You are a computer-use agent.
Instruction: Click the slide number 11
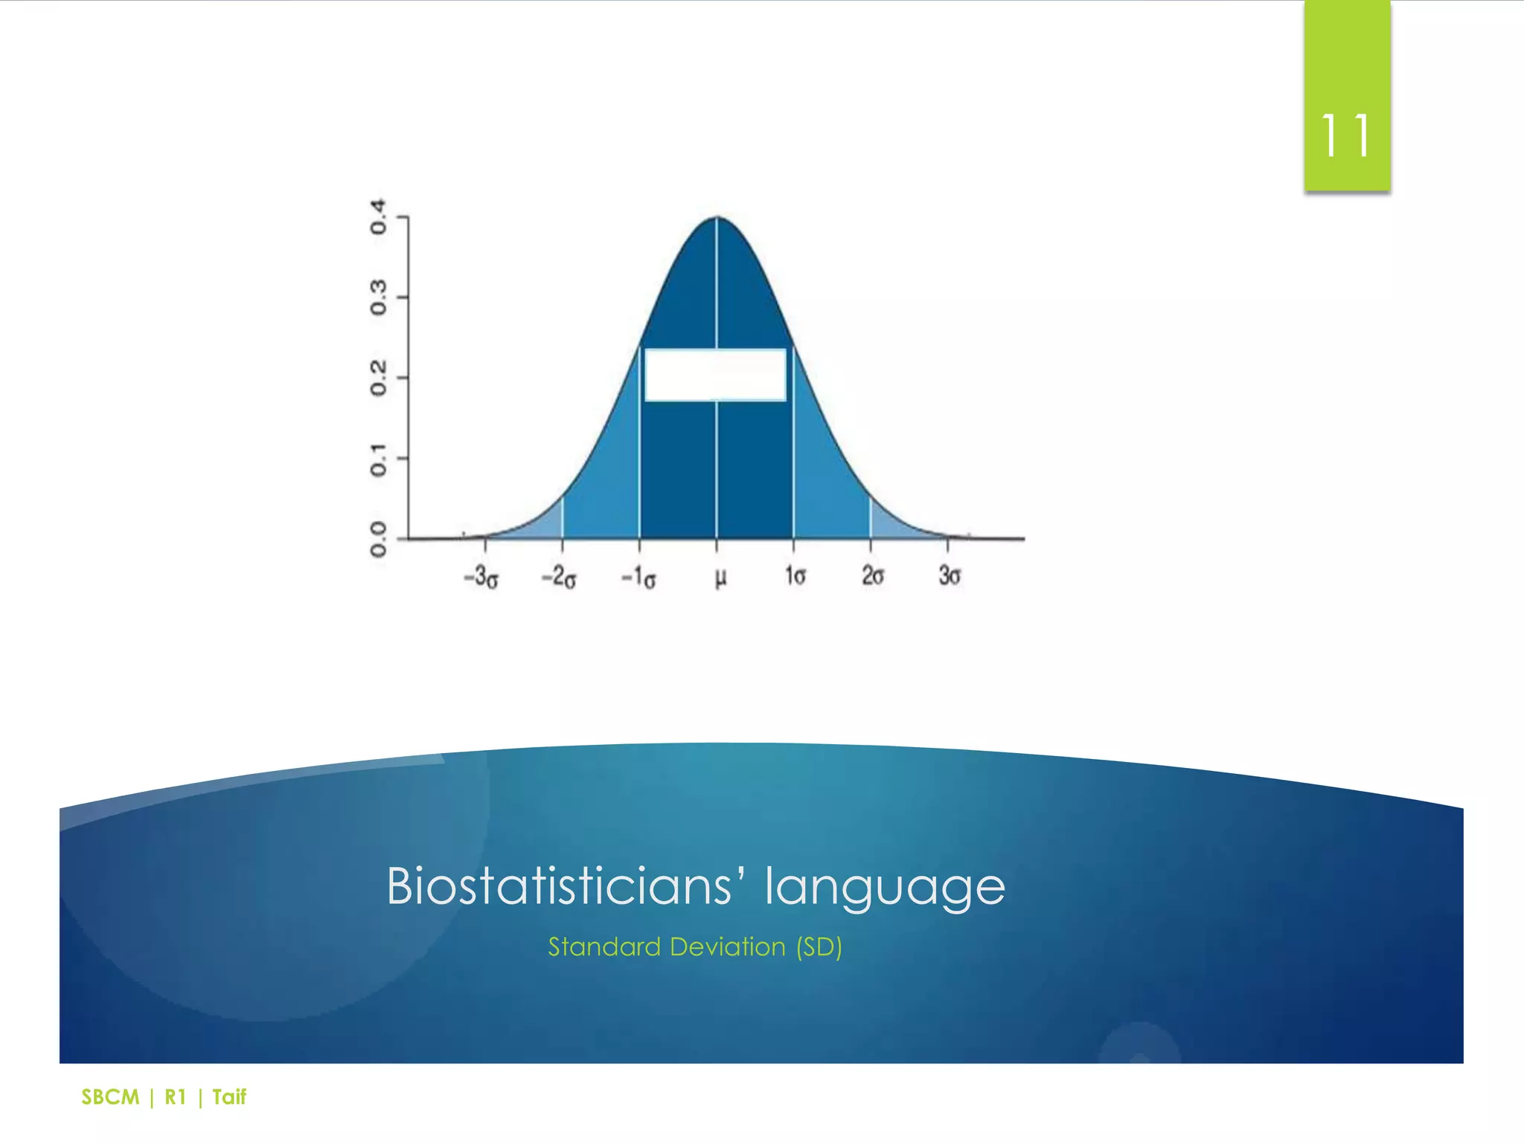pos(1345,136)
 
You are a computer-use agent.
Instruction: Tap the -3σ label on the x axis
pos(481,577)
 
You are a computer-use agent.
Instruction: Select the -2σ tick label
pos(559,577)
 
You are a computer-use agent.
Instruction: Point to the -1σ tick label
pos(638,577)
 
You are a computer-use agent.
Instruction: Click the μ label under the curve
pos(720,577)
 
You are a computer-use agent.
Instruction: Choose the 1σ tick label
pos(795,576)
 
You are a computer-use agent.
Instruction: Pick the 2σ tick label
pos(873,576)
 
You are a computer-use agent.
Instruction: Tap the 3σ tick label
pos(950,576)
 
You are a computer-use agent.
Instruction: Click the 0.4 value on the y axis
pos(379,217)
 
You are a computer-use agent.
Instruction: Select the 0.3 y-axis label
pos(379,297)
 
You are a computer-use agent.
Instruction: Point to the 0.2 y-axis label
pos(379,378)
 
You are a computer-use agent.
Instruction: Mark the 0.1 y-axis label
pos(379,459)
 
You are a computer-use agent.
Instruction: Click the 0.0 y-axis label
pos(379,540)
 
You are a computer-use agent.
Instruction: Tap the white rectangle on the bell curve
pos(715,375)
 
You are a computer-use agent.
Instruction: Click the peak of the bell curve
pos(717,218)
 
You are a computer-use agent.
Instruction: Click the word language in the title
pos(885,887)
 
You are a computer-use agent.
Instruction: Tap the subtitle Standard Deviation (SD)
pos(695,947)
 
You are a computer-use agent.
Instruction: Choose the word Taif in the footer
pos(229,1097)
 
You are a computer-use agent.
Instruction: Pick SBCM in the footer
pos(110,1097)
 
